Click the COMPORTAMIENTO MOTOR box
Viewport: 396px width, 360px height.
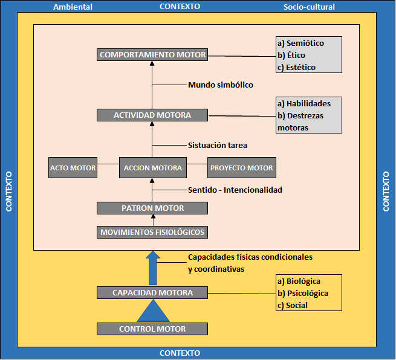[x=152, y=54]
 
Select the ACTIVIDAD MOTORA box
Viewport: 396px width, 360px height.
[x=152, y=115]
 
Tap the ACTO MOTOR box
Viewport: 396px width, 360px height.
[x=73, y=168]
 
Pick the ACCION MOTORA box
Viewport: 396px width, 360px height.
[x=152, y=168]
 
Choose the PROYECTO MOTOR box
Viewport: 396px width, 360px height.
[x=241, y=168]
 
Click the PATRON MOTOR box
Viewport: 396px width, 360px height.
[x=152, y=208]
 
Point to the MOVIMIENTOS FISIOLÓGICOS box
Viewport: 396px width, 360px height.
[x=152, y=232]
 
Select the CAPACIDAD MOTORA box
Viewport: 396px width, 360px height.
[x=152, y=293]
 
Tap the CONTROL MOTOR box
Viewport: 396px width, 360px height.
[x=152, y=329]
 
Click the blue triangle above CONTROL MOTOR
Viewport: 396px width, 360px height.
[x=152, y=313]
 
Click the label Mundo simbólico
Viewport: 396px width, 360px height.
[x=220, y=85]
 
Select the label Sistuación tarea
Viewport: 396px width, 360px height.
[x=218, y=145]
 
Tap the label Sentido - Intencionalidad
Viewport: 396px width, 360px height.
[x=235, y=190]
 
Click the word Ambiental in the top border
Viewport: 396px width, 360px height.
[x=73, y=7]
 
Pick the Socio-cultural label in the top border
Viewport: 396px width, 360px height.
[x=309, y=7]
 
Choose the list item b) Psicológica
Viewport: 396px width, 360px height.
[x=302, y=294]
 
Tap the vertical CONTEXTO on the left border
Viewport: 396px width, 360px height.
[x=8, y=191]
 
